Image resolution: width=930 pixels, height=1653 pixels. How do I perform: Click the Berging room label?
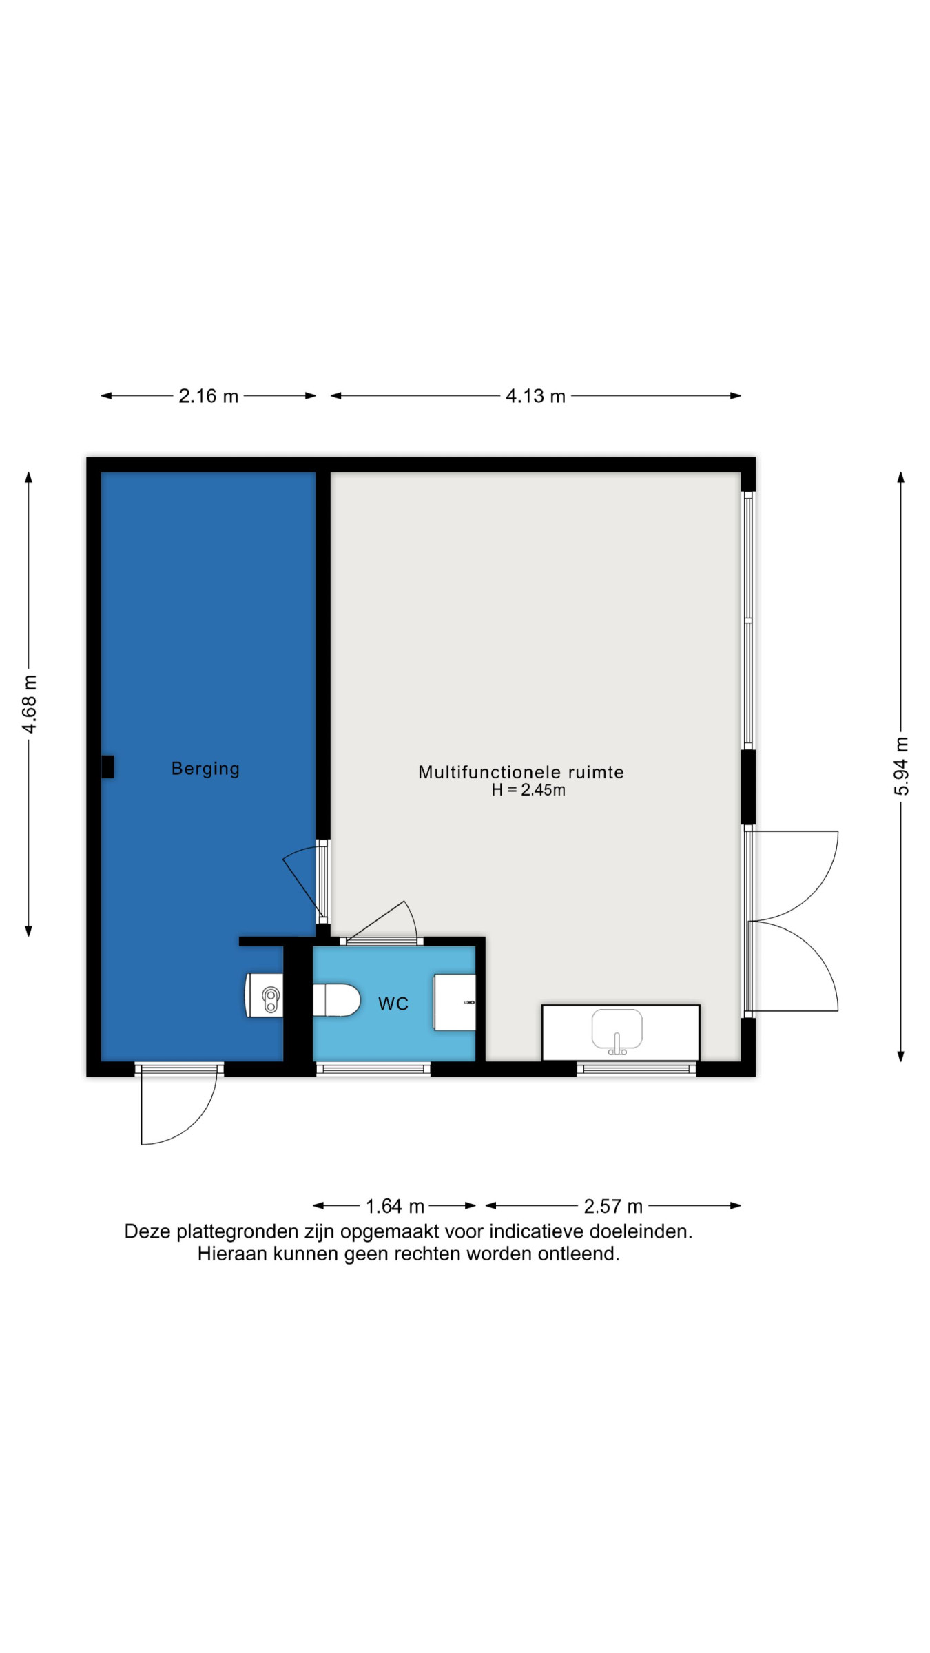pyautogui.click(x=205, y=769)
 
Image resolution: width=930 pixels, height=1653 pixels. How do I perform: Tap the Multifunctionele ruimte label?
pyautogui.click(x=521, y=772)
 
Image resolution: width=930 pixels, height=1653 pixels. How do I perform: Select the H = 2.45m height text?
pyautogui.click(x=528, y=790)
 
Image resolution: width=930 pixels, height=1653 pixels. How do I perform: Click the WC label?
pyautogui.click(x=393, y=1004)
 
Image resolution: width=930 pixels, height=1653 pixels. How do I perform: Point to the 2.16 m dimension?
pyautogui.click(x=208, y=396)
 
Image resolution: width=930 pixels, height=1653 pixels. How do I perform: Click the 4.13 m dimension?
pyautogui.click(x=535, y=396)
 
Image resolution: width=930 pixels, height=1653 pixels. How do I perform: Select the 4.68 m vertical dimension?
pyautogui.click(x=29, y=704)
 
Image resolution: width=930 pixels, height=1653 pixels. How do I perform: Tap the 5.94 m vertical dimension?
pyautogui.click(x=901, y=766)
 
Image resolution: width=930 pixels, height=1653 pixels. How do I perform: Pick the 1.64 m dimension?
pyautogui.click(x=395, y=1206)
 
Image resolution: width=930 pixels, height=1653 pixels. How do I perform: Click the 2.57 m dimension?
pyautogui.click(x=613, y=1206)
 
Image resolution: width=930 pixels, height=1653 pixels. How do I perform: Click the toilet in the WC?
pyautogui.click(x=337, y=1000)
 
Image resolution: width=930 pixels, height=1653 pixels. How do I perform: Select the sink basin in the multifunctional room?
pyautogui.click(x=617, y=1030)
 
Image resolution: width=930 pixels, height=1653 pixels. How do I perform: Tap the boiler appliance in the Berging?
pyautogui.click(x=265, y=995)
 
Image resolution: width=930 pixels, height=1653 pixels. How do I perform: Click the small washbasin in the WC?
pyautogui.click(x=454, y=1002)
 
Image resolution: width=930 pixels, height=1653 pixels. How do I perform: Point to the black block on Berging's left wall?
pyautogui.click(x=107, y=767)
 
